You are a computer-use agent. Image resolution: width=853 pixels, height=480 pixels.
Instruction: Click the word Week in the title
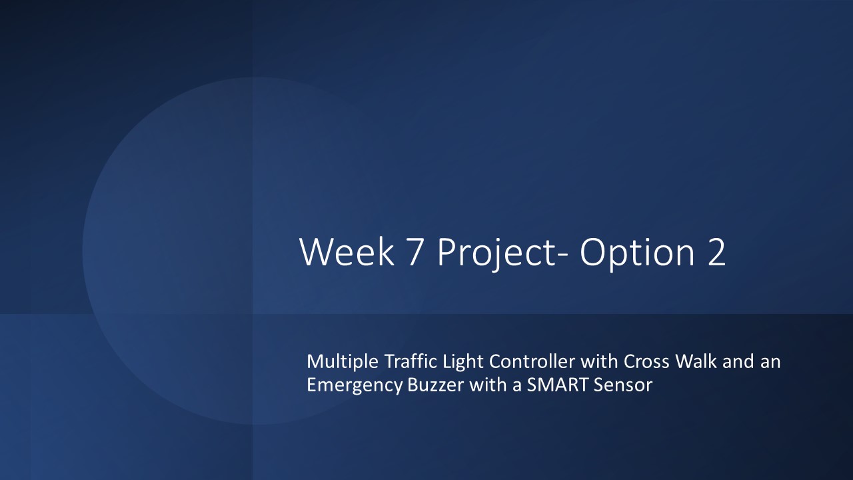347,251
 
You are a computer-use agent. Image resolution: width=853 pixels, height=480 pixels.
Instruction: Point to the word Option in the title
638,254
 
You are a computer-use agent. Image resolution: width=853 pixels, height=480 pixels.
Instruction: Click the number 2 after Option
716,251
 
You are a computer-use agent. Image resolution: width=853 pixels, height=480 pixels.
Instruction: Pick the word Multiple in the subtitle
343,362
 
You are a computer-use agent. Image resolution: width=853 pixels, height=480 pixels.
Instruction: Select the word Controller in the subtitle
532,361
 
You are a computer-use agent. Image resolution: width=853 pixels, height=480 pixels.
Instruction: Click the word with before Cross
599,361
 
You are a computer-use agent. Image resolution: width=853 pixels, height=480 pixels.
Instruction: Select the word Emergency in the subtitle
354,385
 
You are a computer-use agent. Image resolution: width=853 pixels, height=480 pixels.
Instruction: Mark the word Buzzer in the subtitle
436,385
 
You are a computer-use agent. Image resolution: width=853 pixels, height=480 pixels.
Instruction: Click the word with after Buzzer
488,385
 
